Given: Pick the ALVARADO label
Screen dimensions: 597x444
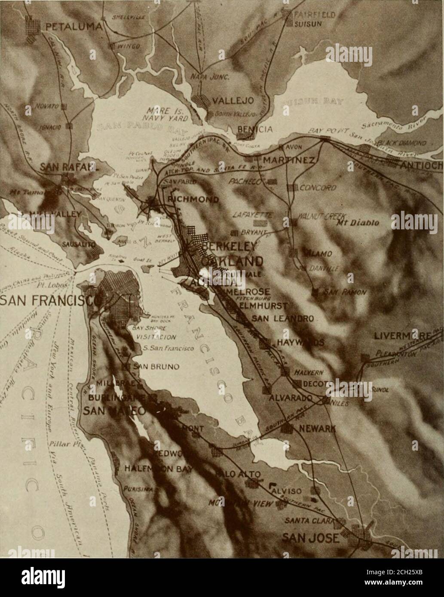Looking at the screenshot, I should point(290,398).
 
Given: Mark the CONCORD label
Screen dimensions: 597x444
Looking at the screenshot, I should point(318,188).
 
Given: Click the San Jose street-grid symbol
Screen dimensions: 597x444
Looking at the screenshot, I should point(360,537).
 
